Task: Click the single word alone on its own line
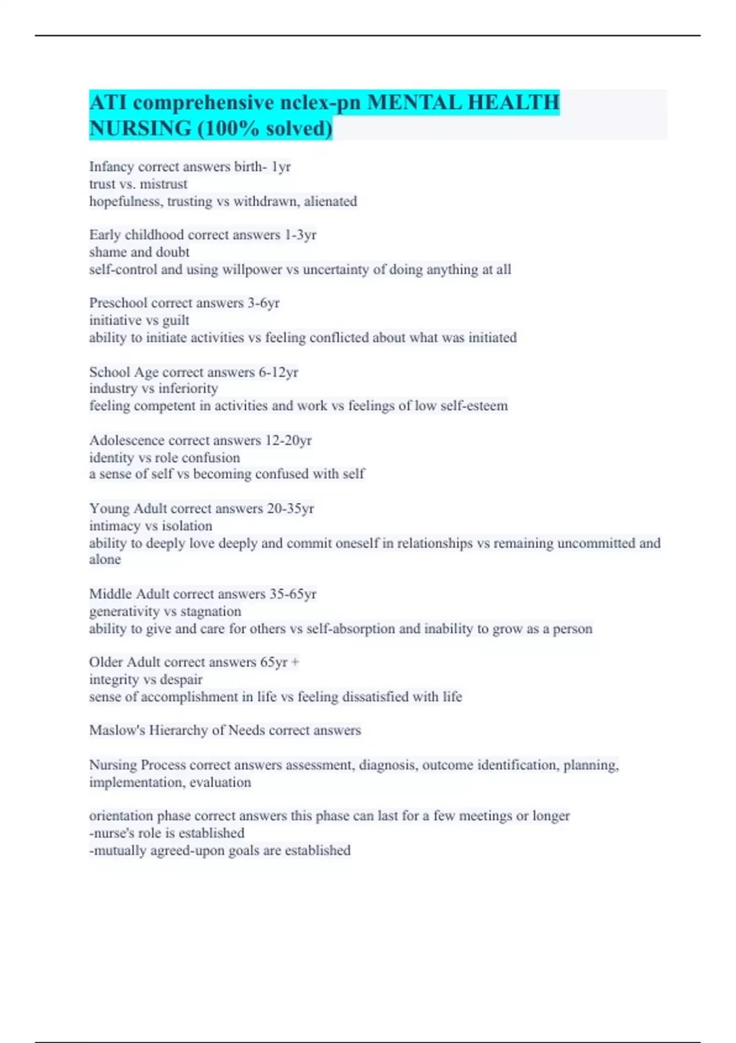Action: (105, 560)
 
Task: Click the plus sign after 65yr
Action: (295, 663)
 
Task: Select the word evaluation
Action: (220, 783)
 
